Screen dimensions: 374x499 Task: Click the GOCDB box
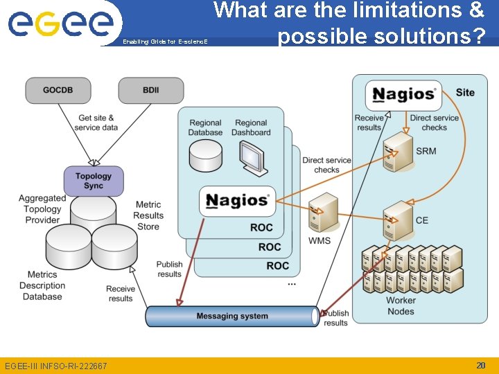[x=58, y=91]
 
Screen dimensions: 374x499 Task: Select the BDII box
[x=150, y=91]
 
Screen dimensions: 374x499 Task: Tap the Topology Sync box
[x=93, y=181]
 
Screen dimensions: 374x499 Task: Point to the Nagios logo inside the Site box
[x=403, y=94]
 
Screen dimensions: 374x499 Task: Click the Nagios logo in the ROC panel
[x=237, y=201]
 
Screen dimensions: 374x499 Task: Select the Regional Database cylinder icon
[x=205, y=157]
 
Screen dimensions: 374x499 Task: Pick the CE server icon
[x=398, y=220]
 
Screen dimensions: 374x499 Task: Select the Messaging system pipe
[x=232, y=317]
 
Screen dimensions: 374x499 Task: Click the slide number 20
[x=480, y=365]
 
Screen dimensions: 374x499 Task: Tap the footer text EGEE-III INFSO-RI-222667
[x=56, y=366]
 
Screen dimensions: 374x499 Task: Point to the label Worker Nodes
[x=401, y=306]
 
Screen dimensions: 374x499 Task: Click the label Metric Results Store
[x=148, y=215]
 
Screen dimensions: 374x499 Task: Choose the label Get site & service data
[x=96, y=123]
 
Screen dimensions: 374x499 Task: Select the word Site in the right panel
[x=465, y=92]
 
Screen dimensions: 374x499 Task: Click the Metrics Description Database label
[x=42, y=285]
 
